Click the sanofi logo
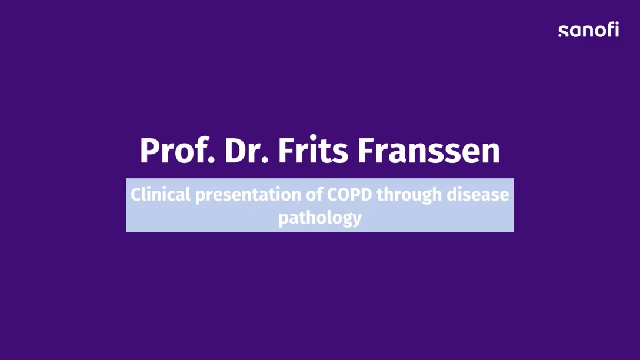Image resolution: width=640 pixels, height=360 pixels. [x=588, y=29]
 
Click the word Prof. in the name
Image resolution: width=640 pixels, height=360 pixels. [x=177, y=151]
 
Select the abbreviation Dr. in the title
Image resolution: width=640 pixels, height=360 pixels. [x=246, y=151]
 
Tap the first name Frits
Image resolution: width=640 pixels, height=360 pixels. [x=313, y=150]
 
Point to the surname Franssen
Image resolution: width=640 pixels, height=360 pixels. [x=429, y=151]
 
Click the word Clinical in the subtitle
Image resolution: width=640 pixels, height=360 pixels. [x=161, y=194]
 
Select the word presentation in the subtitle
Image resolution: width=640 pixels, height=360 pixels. [x=248, y=195]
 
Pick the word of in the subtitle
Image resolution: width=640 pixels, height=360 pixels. [x=315, y=194]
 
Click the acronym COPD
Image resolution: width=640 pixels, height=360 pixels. [x=350, y=195]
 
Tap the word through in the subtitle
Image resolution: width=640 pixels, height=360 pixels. [x=409, y=195]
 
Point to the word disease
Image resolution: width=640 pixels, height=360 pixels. [x=478, y=194]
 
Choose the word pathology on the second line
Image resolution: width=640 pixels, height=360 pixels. [x=320, y=218]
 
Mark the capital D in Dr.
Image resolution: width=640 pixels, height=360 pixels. [x=235, y=151]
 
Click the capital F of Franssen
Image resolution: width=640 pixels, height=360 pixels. [x=366, y=151]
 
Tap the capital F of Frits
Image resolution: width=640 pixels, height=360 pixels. [x=286, y=151]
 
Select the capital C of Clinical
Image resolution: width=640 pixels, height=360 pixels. [x=136, y=195]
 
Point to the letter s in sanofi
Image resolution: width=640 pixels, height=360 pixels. [x=564, y=31]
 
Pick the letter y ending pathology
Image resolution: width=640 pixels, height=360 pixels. [x=356, y=221]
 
